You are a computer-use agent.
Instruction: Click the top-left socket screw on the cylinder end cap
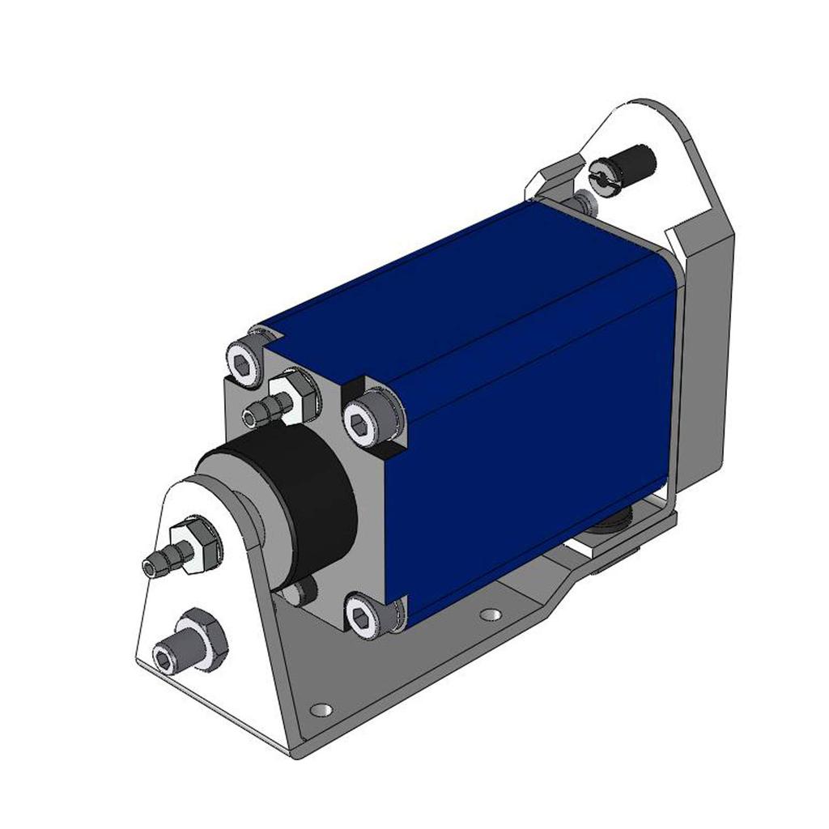(x=243, y=363)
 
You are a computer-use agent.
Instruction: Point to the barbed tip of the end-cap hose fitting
(x=253, y=415)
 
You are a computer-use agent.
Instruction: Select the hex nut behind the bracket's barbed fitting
(x=196, y=546)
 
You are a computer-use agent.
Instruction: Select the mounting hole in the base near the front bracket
(x=321, y=710)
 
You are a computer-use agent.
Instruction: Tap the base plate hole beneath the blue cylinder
(x=489, y=614)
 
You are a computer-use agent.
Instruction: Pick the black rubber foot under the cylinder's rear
(x=615, y=523)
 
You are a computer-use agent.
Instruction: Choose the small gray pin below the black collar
(x=300, y=591)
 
